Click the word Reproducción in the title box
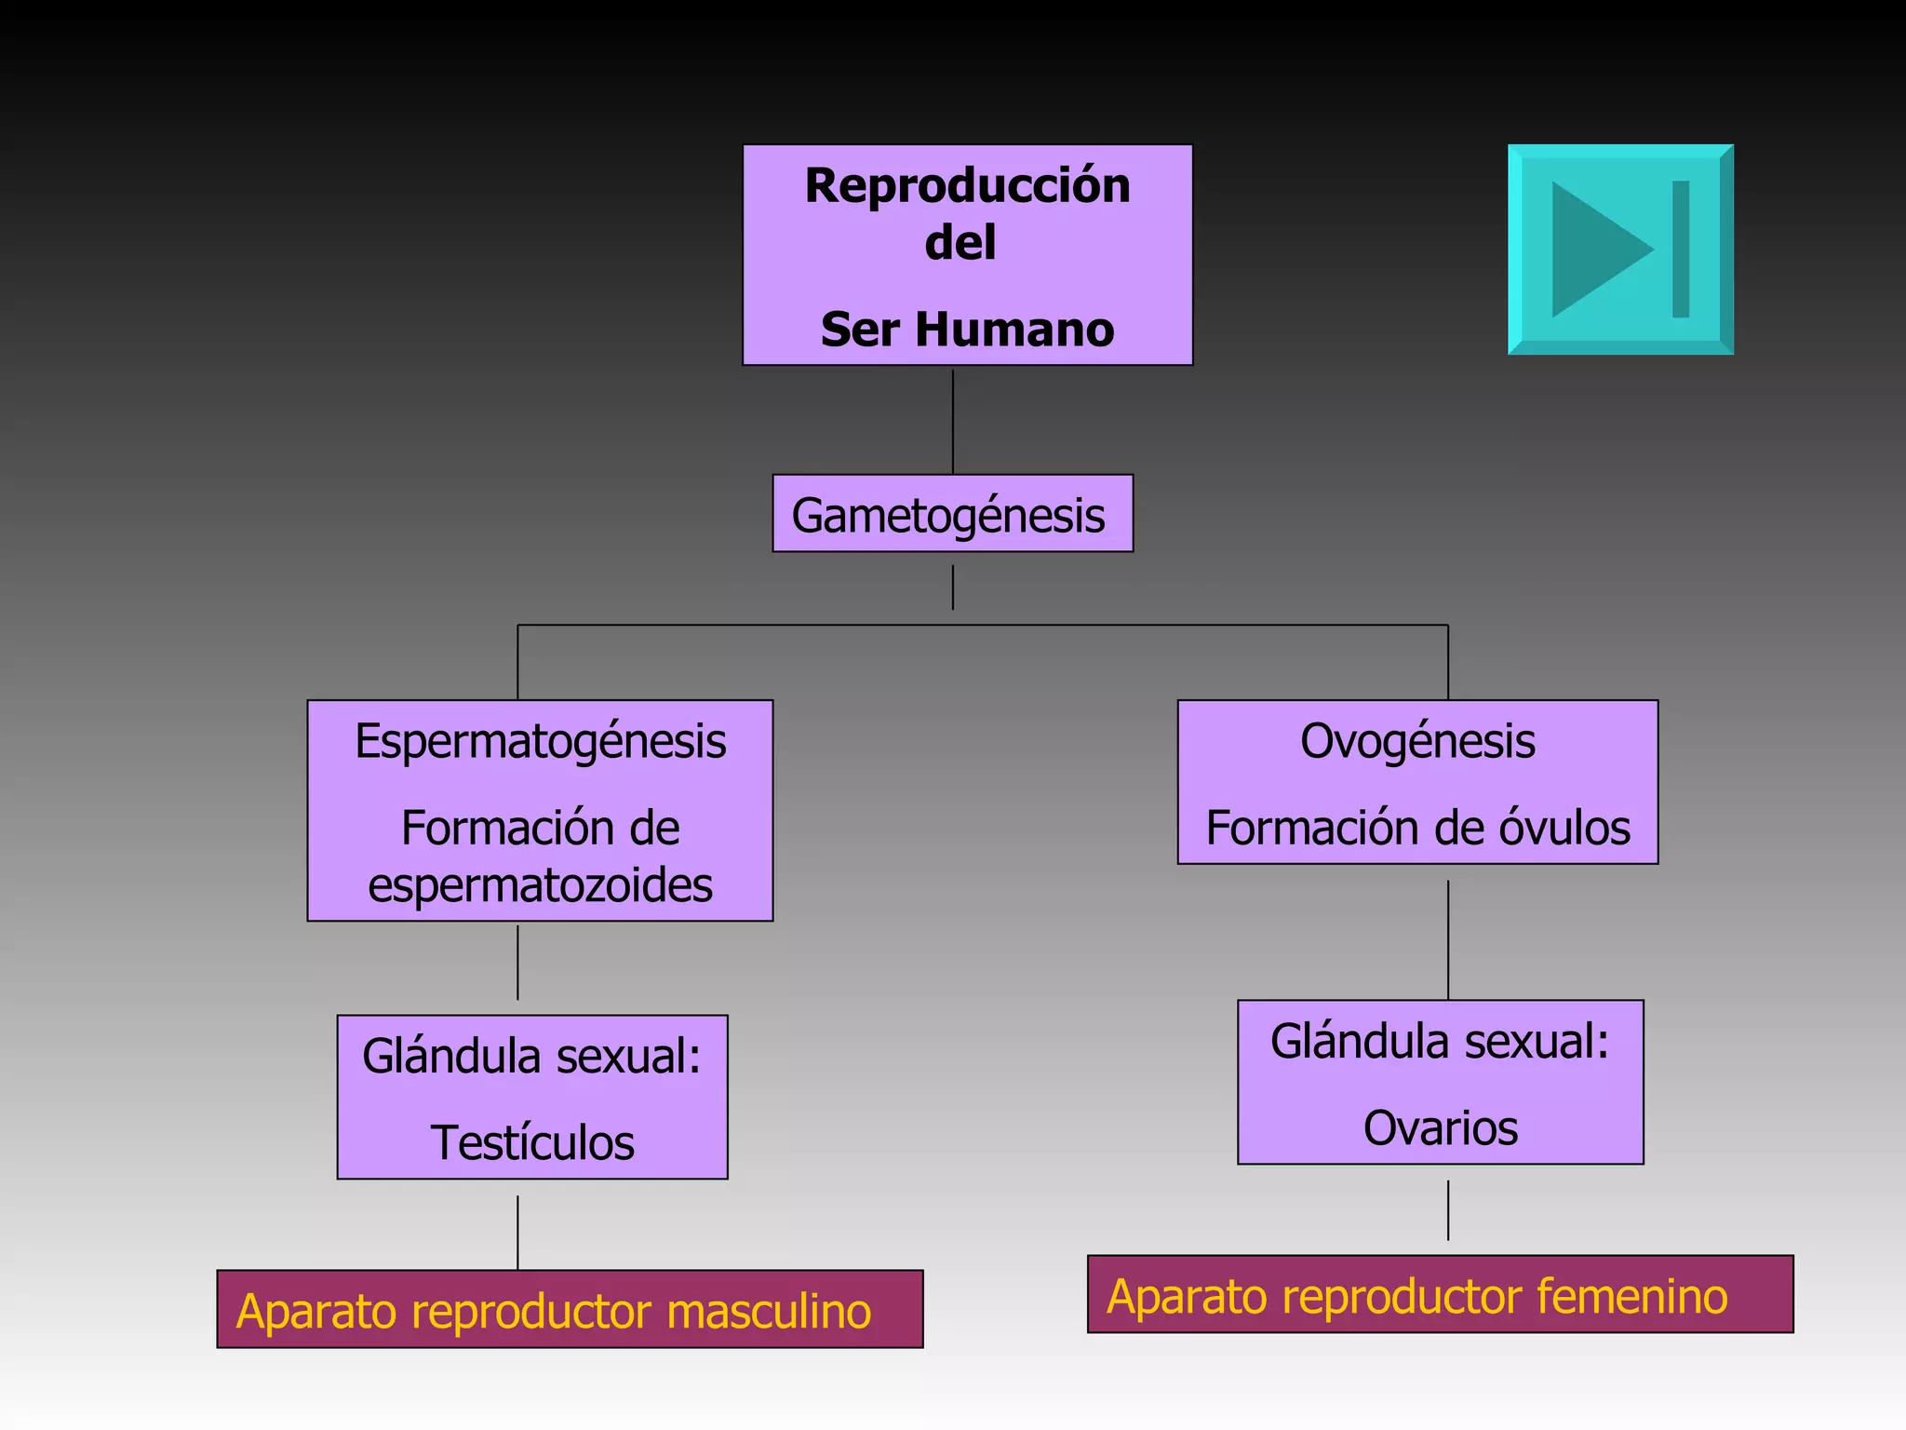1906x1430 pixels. tap(967, 186)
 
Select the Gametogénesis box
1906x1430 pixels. tap(952, 514)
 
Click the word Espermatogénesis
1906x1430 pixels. tap(540, 742)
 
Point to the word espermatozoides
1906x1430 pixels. tap(540, 885)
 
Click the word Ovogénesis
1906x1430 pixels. tap(1417, 742)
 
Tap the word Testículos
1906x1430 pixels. tap(532, 1143)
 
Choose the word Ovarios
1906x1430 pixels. tap(1440, 1128)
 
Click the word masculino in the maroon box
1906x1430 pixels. tap(769, 1312)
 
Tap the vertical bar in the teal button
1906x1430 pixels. tap(1680, 250)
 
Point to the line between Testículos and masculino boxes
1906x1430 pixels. tap(517, 1232)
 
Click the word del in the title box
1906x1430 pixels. tap(960, 243)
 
